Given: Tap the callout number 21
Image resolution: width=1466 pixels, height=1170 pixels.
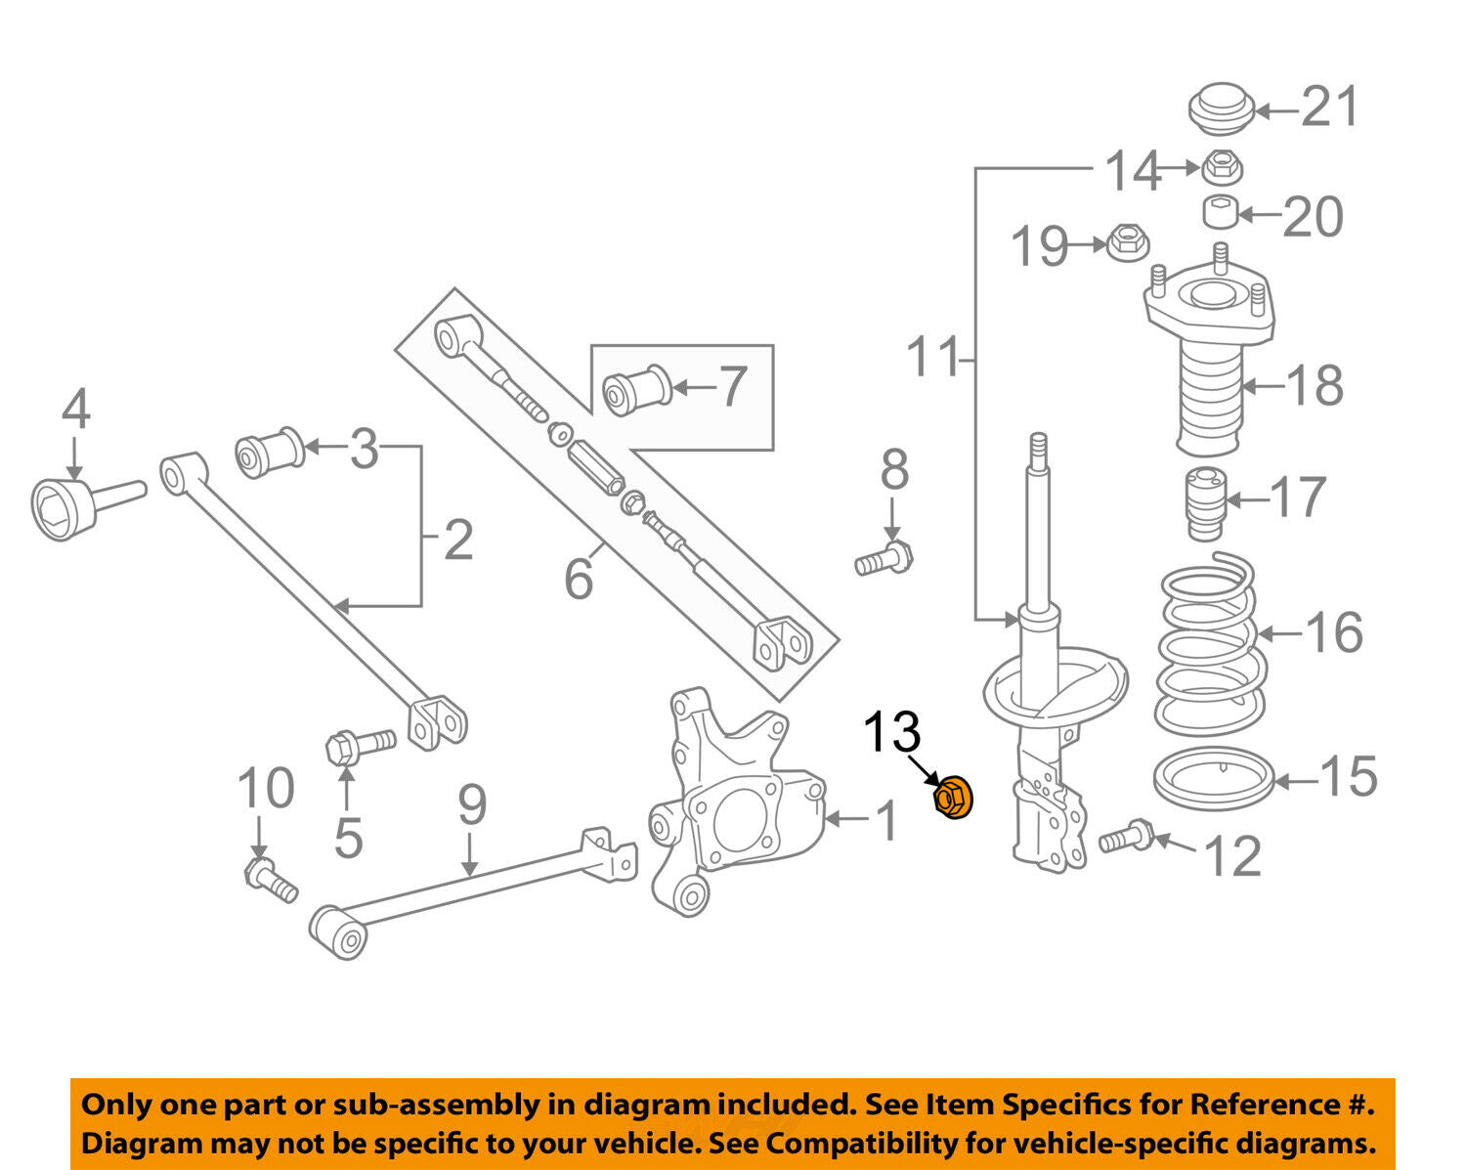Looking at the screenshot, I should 1329,107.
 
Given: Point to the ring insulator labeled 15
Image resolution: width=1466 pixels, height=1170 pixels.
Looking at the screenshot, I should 1214,776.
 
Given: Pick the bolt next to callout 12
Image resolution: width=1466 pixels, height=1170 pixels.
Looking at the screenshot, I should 1126,838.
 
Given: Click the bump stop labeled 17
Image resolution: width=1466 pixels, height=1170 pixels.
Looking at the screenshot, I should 1203,504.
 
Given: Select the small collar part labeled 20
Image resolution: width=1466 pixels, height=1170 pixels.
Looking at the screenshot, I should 1219,210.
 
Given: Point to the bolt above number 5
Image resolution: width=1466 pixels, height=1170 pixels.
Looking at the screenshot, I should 357,746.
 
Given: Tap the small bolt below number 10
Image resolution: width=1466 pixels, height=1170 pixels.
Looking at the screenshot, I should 271,880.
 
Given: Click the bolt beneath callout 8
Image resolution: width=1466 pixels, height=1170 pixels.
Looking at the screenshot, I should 883,559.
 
